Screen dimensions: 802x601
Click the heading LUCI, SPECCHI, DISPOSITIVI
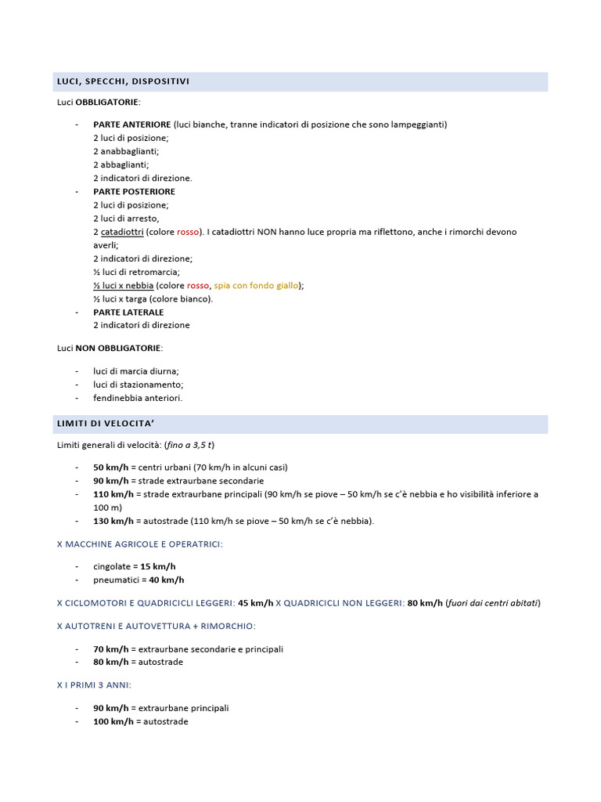coord(123,81)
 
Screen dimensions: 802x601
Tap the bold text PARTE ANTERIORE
coord(131,125)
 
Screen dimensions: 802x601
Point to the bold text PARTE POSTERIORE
coord(134,191)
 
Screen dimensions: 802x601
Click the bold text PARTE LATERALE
coord(128,312)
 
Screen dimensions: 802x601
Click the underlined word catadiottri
coord(121,232)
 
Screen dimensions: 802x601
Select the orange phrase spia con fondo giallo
coord(250,285)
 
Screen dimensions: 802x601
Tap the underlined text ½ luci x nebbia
coord(124,285)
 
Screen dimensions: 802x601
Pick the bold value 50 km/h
coord(110,468)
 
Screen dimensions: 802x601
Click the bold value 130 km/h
coord(113,521)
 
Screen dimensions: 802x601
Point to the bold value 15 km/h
coord(158,566)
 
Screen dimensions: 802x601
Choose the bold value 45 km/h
coord(256,603)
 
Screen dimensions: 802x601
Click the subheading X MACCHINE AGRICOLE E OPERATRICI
coord(140,544)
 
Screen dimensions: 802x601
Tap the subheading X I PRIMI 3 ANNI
coord(94,685)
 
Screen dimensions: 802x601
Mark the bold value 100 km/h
coord(113,721)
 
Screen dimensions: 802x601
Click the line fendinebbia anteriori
coord(138,398)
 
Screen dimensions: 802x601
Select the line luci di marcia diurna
coord(136,371)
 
